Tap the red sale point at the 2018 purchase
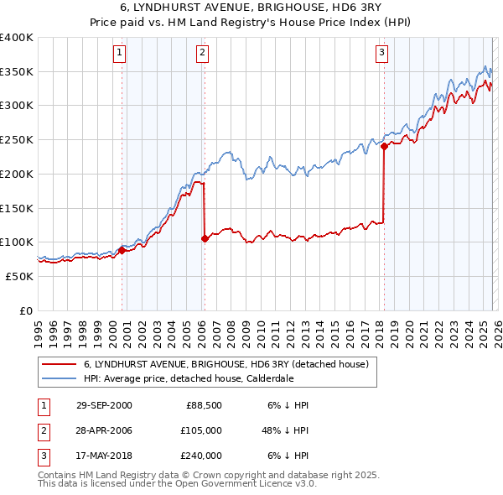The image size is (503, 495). [384, 146]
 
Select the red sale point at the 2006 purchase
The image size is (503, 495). [205, 238]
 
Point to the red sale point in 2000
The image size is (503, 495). [122, 249]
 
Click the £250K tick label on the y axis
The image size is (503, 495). [17, 140]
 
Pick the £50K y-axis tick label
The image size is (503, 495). [20, 276]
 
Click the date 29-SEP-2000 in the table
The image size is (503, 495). [103, 405]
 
